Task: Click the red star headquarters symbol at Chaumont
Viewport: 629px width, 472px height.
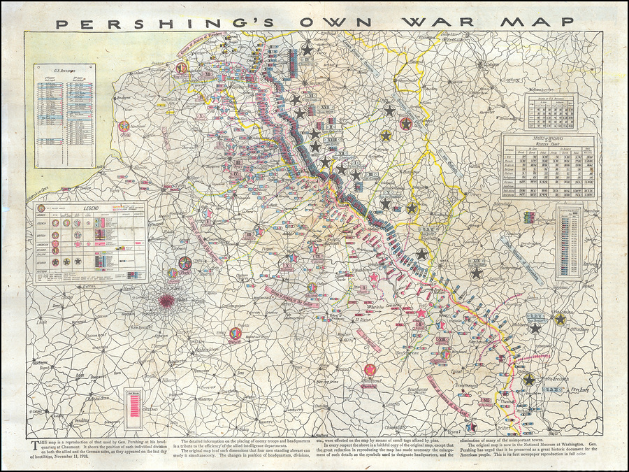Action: click(368, 371)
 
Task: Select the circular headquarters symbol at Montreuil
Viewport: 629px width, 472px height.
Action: click(124, 127)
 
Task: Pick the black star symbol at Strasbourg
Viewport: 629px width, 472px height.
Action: click(535, 327)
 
